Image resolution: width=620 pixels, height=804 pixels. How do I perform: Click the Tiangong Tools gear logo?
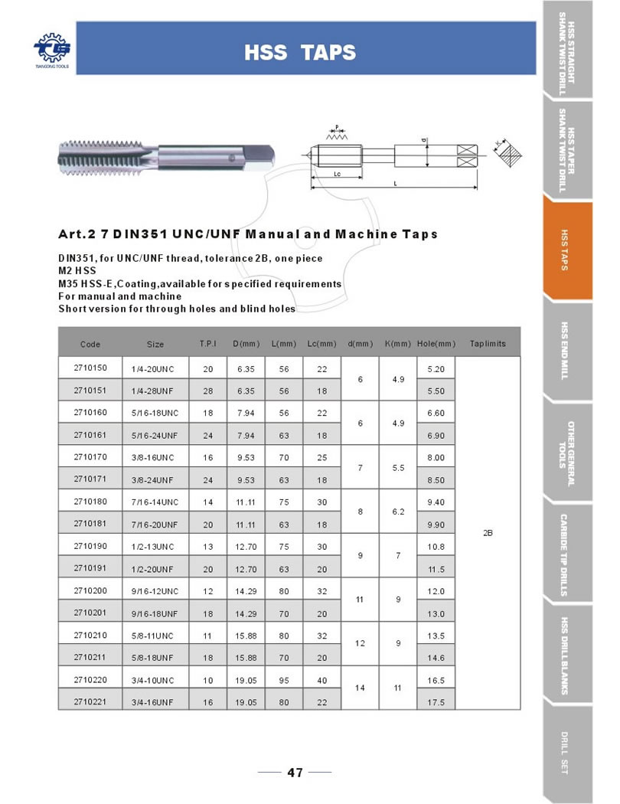[x=51, y=47]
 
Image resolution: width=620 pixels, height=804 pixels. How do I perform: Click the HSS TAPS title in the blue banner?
[x=300, y=52]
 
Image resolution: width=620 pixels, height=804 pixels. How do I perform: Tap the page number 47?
[x=295, y=772]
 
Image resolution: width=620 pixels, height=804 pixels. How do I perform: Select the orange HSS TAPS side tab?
[x=567, y=250]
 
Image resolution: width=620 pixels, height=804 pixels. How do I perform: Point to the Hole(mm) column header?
[x=436, y=344]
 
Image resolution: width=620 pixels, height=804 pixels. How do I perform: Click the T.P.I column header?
[x=207, y=344]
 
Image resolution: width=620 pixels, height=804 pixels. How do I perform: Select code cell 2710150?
[x=90, y=368]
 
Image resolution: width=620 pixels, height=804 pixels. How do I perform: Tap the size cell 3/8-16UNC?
[x=155, y=457]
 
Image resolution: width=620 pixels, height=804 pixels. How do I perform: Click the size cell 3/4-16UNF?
[x=155, y=701]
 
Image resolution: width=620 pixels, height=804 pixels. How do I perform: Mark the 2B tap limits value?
[x=488, y=533]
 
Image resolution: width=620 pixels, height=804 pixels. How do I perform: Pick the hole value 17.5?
[x=436, y=701]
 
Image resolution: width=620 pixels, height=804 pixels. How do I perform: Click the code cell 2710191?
[x=90, y=568]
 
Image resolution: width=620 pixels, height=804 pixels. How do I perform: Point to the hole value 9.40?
[x=436, y=502]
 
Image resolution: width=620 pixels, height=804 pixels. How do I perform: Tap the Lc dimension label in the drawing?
[x=337, y=173]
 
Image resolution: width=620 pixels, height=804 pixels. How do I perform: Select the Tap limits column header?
[x=488, y=344]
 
